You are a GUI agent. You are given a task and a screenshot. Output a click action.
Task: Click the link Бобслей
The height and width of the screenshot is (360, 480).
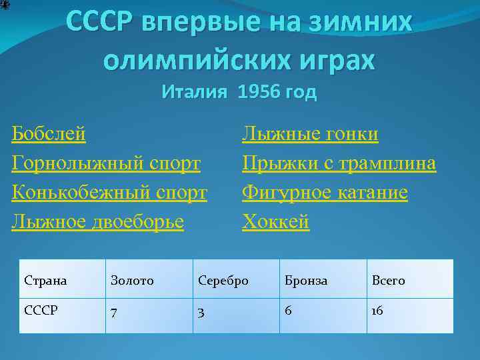(x=49, y=134)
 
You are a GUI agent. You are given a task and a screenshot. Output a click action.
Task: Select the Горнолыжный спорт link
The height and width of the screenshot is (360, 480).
(x=106, y=163)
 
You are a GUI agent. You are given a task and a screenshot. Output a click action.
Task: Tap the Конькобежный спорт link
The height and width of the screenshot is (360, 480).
(x=109, y=192)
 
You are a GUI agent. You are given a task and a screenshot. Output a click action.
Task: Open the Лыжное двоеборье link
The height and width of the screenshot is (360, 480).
(x=97, y=221)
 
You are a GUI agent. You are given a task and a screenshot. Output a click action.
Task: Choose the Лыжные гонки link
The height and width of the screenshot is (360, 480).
(x=310, y=134)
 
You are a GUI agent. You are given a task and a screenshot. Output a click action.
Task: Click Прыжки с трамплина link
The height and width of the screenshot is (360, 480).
(x=339, y=163)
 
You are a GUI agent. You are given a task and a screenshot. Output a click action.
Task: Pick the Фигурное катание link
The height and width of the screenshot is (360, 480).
(x=325, y=192)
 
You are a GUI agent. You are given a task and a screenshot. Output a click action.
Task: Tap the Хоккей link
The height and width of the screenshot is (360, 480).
(x=275, y=221)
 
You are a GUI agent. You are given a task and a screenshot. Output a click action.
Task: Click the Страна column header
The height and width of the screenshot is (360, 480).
(x=45, y=281)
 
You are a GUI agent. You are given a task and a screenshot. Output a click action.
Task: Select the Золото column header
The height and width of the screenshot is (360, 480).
(x=132, y=281)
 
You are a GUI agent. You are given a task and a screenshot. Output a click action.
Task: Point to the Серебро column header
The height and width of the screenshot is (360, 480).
(x=223, y=281)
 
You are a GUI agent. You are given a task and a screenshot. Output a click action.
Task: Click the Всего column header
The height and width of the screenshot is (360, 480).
(x=388, y=281)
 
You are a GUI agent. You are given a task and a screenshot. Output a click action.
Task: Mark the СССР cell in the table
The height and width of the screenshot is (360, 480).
(x=41, y=311)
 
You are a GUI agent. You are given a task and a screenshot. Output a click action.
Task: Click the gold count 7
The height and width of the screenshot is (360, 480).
(x=114, y=311)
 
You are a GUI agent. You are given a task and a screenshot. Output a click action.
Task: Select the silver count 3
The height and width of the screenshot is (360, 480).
(x=201, y=311)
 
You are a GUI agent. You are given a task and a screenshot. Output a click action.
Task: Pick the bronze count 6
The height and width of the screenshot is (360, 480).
(x=288, y=311)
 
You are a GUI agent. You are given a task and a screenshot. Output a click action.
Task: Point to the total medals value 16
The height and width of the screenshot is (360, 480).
(x=377, y=311)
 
